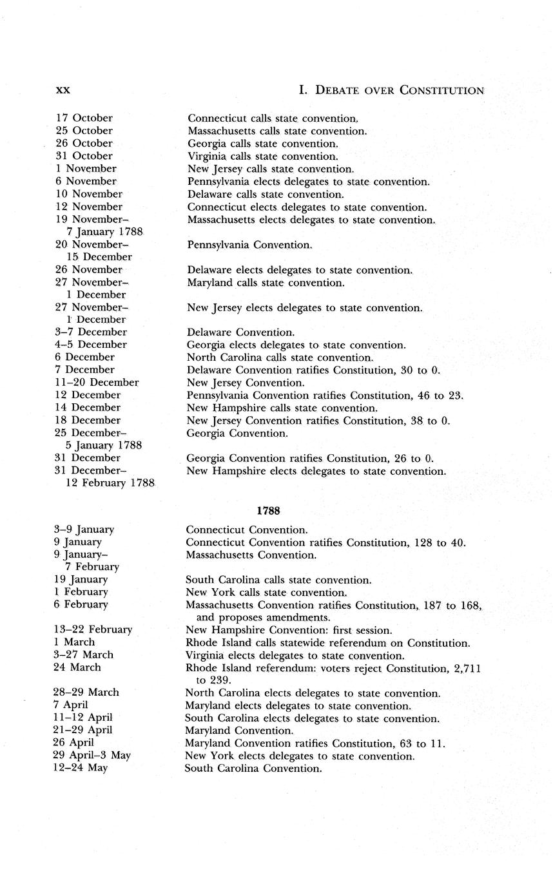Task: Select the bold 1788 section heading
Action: [x=268, y=510]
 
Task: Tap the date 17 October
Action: [x=84, y=118]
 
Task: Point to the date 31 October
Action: [x=84, y=156]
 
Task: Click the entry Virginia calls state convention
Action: [x=263, y=156]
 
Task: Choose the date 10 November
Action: [x=88, y=194]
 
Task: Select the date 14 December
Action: [x=88, y=407]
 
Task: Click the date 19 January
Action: [x=81, y=579]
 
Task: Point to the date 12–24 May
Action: [x=81, y=769]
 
